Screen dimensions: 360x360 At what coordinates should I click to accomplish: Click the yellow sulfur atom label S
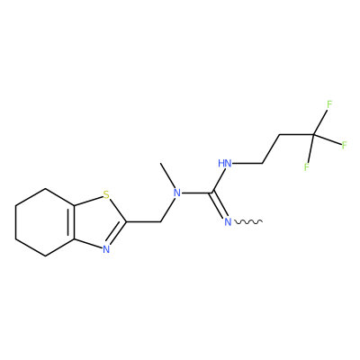106,195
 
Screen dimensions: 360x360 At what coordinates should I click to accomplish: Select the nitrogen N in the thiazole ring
106,249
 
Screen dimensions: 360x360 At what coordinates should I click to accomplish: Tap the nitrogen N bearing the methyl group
177,193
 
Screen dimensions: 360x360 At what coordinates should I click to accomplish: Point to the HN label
225,164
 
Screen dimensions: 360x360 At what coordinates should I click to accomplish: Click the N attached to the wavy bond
229,222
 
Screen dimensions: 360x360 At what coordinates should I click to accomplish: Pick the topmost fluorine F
329,104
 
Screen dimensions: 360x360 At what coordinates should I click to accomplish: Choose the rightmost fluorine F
345,146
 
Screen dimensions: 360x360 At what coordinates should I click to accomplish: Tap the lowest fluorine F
307,167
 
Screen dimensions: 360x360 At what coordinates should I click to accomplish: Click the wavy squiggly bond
248,222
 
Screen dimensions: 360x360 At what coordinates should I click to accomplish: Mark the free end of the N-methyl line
161,164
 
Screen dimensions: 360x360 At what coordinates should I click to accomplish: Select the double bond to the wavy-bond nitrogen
219,205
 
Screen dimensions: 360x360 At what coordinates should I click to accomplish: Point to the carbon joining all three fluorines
313,136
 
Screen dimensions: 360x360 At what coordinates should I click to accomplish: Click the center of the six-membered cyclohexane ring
45,222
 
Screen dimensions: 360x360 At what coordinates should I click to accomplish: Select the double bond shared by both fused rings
72,222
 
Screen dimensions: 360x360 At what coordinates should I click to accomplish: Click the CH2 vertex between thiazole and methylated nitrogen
161,222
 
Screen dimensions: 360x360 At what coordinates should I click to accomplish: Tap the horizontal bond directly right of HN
248,164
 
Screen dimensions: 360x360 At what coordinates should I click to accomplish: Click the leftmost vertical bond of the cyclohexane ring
15,222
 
